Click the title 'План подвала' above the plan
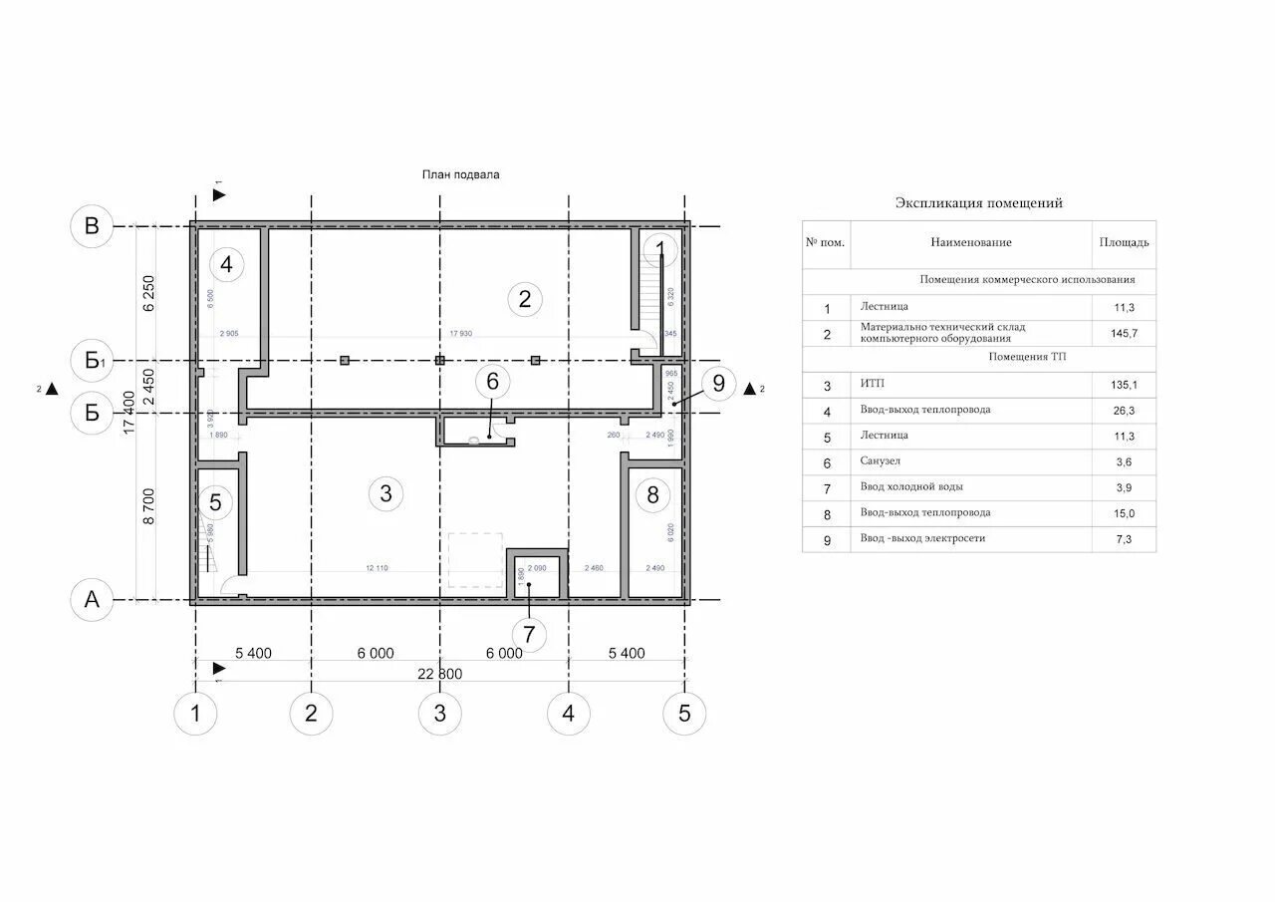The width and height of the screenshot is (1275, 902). click(460, 174)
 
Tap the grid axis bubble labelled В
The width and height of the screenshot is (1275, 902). click(92, 226)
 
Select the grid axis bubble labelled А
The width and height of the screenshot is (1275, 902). click(92, 600)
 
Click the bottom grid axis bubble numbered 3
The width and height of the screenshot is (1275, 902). click(440, 714)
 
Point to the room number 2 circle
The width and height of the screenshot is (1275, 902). click(524, 297)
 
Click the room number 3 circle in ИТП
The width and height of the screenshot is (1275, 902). click(386, 492)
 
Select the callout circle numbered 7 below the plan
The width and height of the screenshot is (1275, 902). click(529, 634)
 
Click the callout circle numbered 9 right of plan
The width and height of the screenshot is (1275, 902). click(718, 383)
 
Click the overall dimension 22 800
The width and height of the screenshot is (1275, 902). click(439, 674)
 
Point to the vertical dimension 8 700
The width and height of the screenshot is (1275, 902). click(149, 506)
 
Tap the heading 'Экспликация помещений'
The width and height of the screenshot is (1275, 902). click(978, 203)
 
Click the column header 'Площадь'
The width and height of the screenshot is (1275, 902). click(1124, 242)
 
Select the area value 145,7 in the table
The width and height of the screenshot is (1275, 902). click(1124, 334)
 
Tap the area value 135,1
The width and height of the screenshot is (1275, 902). click(1124, 384)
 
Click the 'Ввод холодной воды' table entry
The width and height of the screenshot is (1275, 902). click(911, 487)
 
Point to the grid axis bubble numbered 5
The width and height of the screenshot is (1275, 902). click(684, 714)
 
